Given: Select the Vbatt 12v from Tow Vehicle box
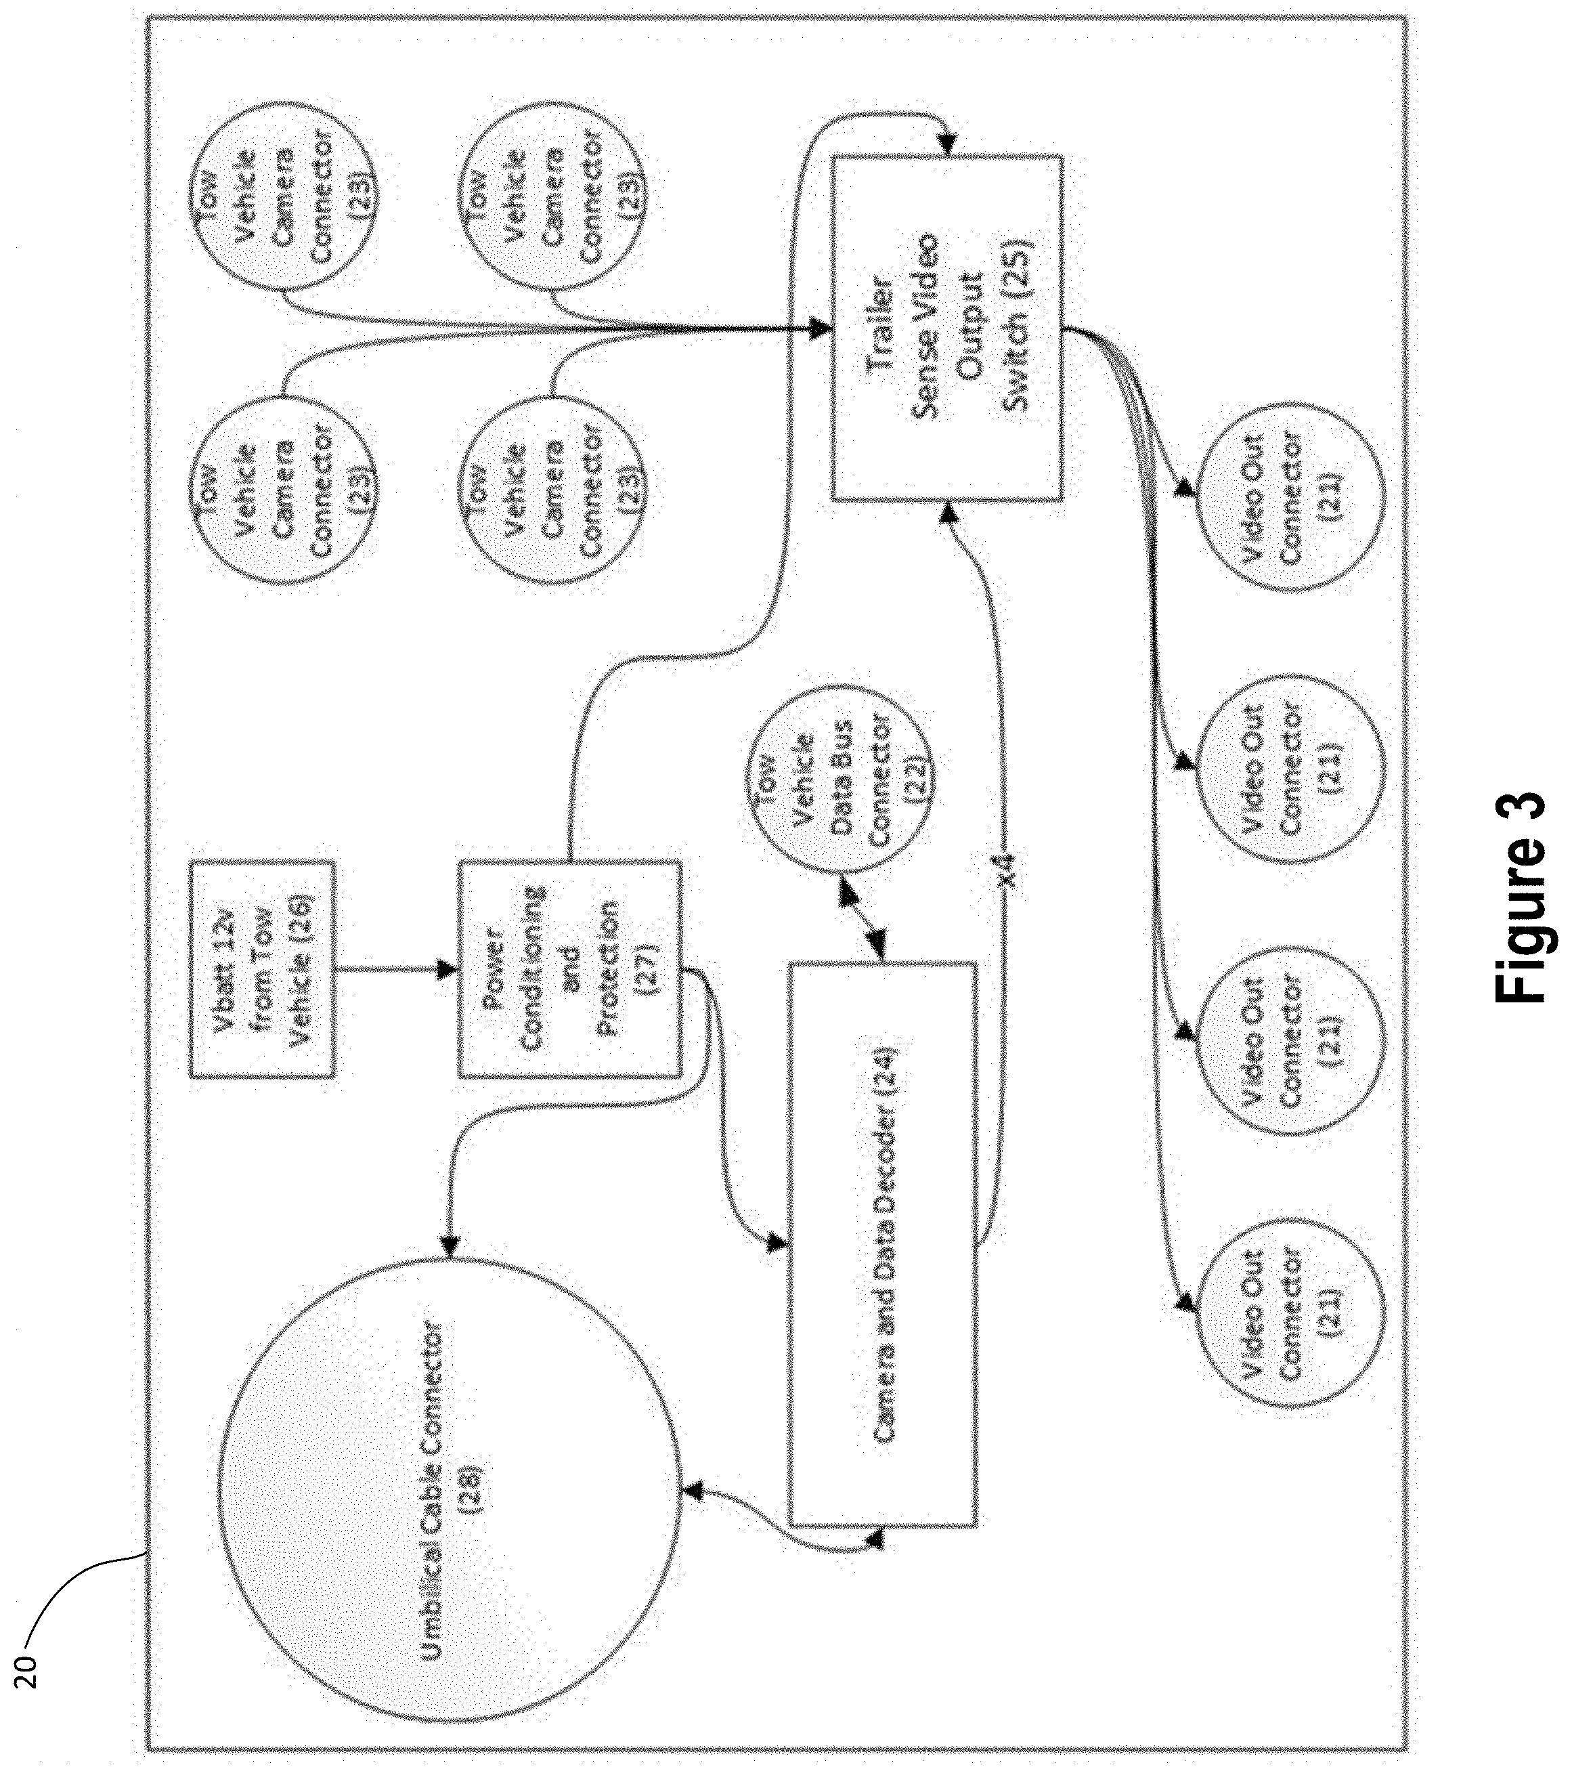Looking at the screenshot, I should [x=262, y=968].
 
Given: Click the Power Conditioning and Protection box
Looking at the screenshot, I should [x=569, y=968].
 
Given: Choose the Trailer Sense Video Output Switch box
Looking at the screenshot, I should [x=946, y=328].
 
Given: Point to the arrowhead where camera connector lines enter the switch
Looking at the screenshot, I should [x=816, y=328].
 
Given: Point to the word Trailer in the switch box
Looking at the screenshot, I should [x=881, y=328].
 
